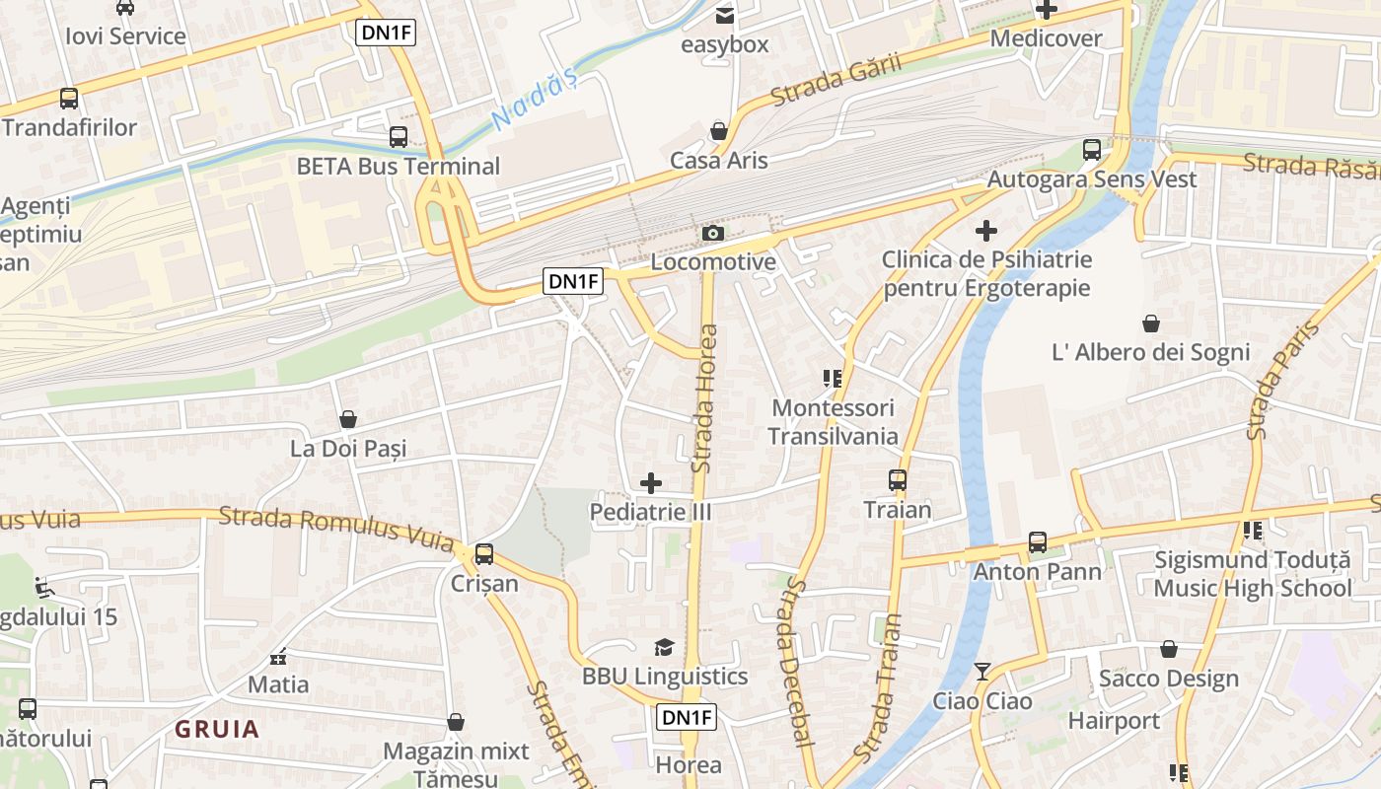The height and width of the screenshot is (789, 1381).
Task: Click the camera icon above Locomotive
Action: click(712, 234)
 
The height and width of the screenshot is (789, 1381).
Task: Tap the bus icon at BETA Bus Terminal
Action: click(399, 137)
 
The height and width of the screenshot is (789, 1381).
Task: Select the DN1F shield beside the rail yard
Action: click(573, 282)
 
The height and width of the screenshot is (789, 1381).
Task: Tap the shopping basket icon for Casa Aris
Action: click(719, 131)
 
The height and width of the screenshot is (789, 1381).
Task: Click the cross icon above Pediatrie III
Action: click(651, 483)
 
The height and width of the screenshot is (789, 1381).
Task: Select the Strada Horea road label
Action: click(706, 398)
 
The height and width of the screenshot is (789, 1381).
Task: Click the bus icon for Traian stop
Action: click(898, 480)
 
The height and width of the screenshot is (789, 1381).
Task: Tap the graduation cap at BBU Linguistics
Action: click(665, 647)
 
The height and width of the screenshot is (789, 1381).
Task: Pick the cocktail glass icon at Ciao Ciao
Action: click(982, 672)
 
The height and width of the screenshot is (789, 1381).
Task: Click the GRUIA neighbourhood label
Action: click(217, 730)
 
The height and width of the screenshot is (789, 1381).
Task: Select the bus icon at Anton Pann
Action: click(1038, 542)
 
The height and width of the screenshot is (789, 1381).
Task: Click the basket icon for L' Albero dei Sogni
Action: click(1151, 323)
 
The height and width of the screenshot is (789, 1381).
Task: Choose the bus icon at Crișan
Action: click(483, 554)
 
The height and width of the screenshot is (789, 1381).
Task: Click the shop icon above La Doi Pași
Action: click(348, 420)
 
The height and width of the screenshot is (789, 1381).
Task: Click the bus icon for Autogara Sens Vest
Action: click(1092, 150)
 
